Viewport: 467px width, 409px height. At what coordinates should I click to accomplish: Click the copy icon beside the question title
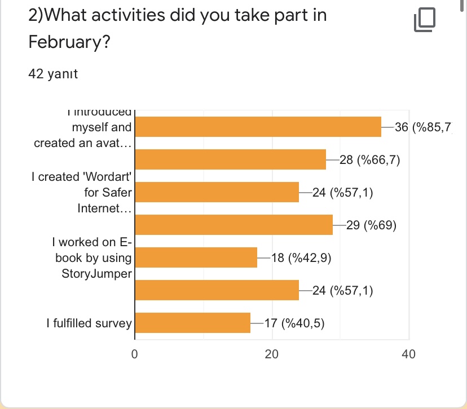click(x=425, y=20)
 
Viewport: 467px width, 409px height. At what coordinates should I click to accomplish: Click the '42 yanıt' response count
click(x=53, y=74)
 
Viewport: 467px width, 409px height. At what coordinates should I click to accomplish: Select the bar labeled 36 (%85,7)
click(x=258, y=127)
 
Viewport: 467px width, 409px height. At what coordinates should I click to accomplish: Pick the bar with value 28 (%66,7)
click(x=231, y=160)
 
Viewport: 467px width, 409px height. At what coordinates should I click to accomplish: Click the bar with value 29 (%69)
click(x=234, y=225)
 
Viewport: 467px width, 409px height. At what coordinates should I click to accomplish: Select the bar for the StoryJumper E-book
click(x=196, y=257)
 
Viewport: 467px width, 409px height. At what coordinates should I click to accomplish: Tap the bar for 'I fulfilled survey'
click(x=193, y=323)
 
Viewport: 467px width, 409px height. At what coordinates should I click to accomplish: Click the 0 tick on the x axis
click(x=135, y=354)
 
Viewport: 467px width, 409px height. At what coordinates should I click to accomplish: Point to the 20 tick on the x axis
click(x=272, y=354)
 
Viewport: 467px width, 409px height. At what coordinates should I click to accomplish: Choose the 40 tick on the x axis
click(x=408, y=354)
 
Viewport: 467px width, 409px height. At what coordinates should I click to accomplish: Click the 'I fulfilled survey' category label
click(x=89, y=323)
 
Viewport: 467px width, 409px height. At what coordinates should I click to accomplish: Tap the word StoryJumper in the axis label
click(x=98, y=274)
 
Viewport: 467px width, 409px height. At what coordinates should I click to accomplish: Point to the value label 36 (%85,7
click(x=423, y=128)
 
